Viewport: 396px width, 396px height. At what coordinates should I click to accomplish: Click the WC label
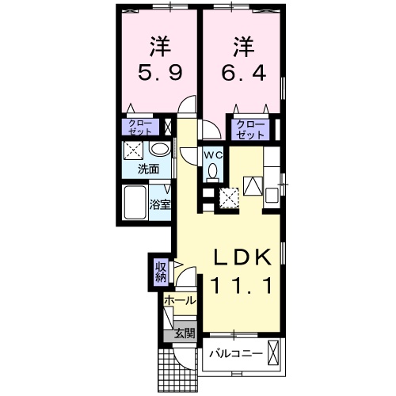coord(213,155)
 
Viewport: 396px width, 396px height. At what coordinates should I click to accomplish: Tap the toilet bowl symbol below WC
coord(212,174)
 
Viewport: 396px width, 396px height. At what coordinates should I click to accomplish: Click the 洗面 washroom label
coord(148,169)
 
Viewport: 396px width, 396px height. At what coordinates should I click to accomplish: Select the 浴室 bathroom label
coord(160,205)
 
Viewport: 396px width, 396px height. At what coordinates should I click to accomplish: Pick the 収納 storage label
coord(161,272)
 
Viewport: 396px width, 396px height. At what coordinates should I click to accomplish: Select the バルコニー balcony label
coord(236,352)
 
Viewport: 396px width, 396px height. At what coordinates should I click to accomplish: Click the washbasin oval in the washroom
coord(158,150)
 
